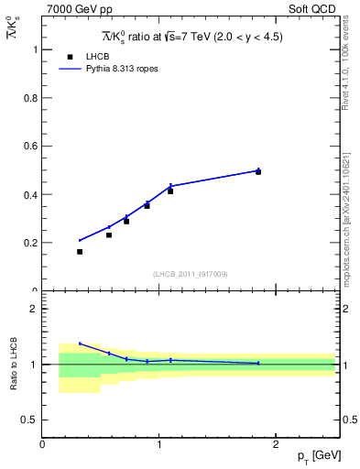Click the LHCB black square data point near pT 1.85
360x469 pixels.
[x=258, y=172]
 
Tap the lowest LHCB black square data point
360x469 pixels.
[x=80, y=252]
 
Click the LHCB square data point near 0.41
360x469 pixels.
[x=170, y=191]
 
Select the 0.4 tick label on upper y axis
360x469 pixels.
[x=30, y=195]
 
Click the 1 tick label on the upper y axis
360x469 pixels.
[x=36, y=49]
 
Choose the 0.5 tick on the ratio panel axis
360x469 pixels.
[x=30, y=420]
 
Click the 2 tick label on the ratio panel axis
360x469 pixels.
[x=35, y=309]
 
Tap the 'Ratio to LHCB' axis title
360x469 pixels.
[x=14, y=364]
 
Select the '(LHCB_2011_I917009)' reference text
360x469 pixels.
[x=190, y=274]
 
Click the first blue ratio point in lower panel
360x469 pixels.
[x=80, y=344]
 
